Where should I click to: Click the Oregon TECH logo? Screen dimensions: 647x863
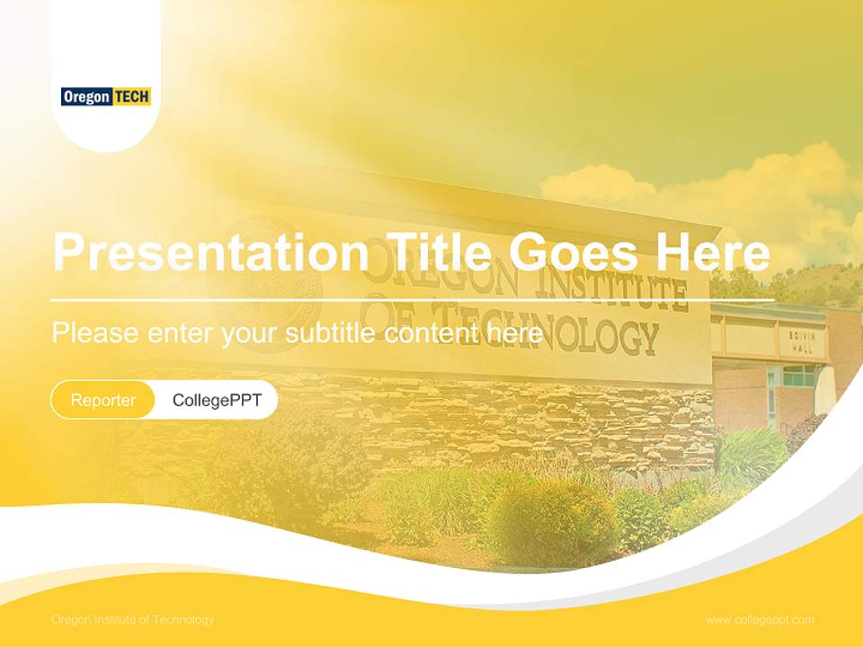[x=106, y=96]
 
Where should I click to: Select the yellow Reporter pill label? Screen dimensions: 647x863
[x=103, y=400]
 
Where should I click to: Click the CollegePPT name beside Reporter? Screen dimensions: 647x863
[x=217, y=400]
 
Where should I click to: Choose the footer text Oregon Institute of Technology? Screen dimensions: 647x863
[x=133, y=620]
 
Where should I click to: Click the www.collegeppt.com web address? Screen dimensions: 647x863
[x=760, y=620]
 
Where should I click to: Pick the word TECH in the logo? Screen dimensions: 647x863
[x=131, y=96]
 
